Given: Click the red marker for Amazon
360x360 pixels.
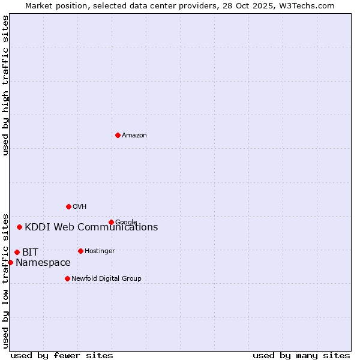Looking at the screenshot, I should point(118,135).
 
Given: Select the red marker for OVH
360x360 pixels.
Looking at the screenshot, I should point(68,206).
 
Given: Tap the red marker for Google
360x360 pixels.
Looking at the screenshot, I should point(111,222).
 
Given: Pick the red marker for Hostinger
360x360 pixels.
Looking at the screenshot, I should point(80,251).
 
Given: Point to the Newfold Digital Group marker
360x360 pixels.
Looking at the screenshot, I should point(67,278).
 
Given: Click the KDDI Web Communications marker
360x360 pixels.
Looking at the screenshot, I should point(20,227).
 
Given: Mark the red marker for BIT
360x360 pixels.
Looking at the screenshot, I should point(17,252).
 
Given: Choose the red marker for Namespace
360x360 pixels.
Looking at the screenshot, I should point(10,262).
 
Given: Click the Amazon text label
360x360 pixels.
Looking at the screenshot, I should point(134,136).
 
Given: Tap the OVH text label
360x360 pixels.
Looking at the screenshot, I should point(80,207).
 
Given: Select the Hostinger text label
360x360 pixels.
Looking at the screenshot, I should point(100,251).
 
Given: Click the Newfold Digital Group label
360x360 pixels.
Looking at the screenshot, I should point(106,279).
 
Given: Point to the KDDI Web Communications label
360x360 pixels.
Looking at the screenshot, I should point(91,227).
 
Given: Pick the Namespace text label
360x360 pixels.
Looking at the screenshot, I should point(43,263).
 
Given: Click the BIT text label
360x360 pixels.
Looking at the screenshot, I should point(30,253).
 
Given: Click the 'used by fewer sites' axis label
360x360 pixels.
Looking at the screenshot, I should point(62,355).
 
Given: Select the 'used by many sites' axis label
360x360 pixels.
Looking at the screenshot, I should point(301,355).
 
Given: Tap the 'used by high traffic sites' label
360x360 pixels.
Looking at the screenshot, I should point(5,85).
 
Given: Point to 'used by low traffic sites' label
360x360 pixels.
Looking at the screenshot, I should point(5,280).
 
